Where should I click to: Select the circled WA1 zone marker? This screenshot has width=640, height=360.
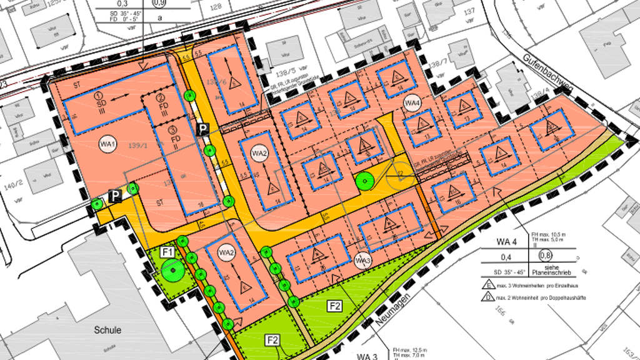point(107,146)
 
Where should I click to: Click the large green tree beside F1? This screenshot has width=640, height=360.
point(171,271)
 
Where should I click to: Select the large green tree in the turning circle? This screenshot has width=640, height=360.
point(364,181)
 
